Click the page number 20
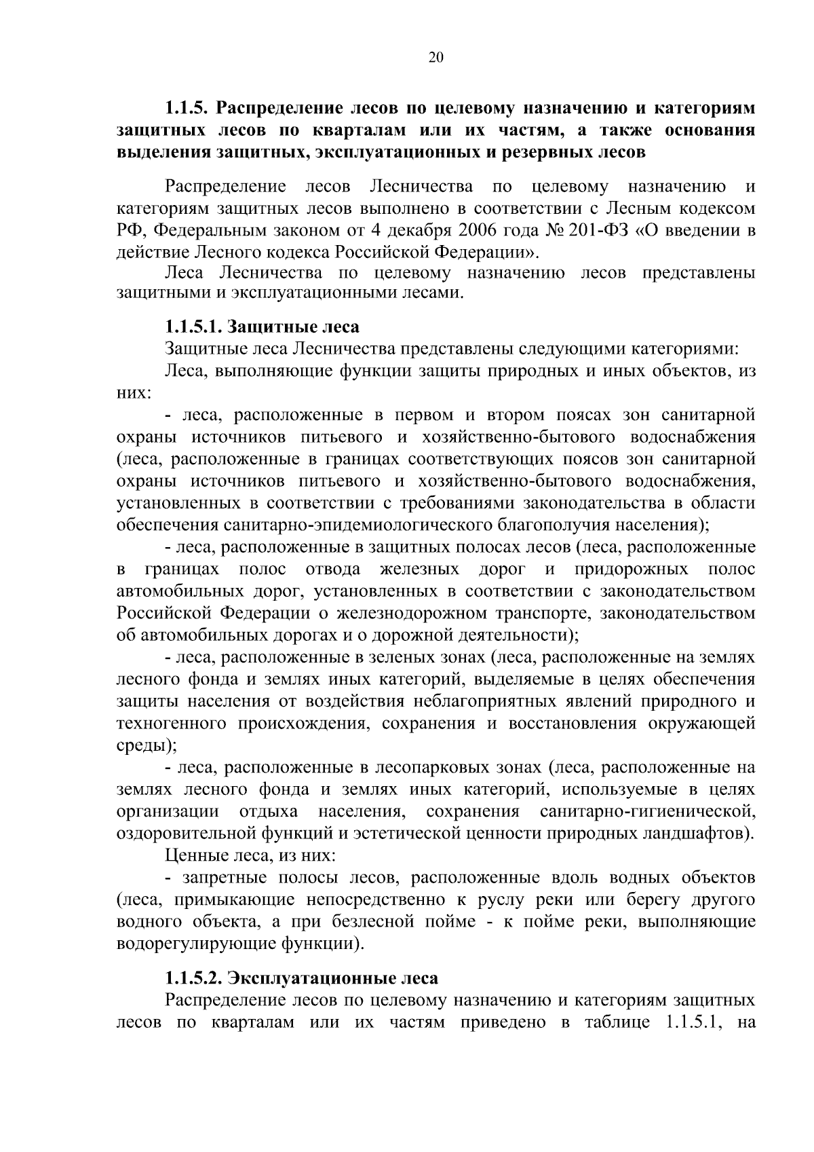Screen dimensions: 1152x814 click(436, 58)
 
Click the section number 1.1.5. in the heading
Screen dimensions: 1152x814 click(189, 108)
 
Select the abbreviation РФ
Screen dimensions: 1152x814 click(128, 230)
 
